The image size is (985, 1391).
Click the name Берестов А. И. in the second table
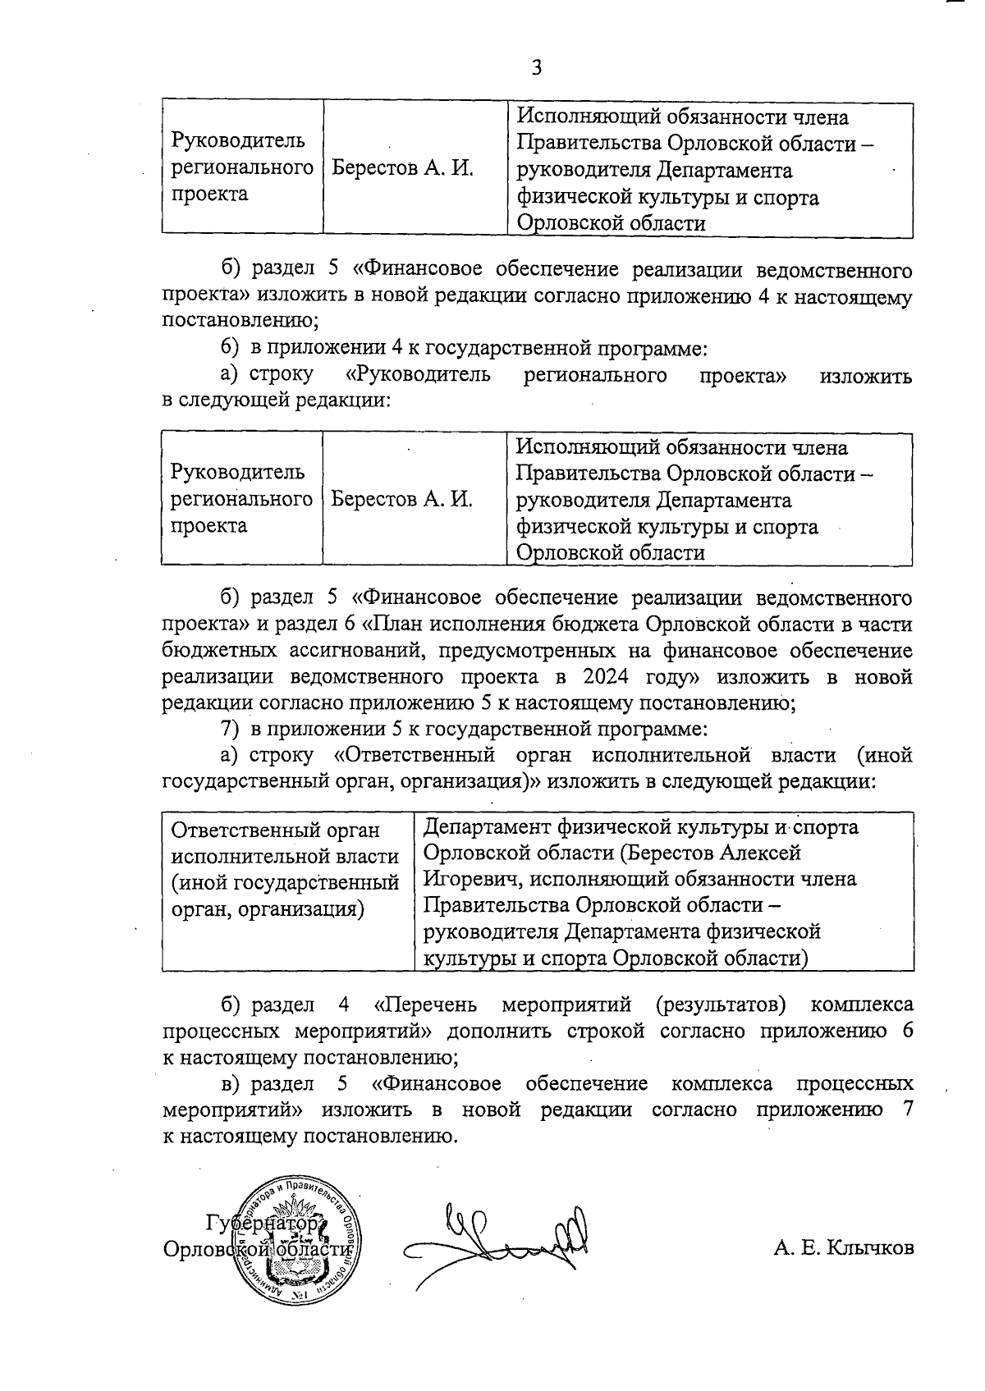point(402,499)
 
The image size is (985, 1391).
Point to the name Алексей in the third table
point(761,853)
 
